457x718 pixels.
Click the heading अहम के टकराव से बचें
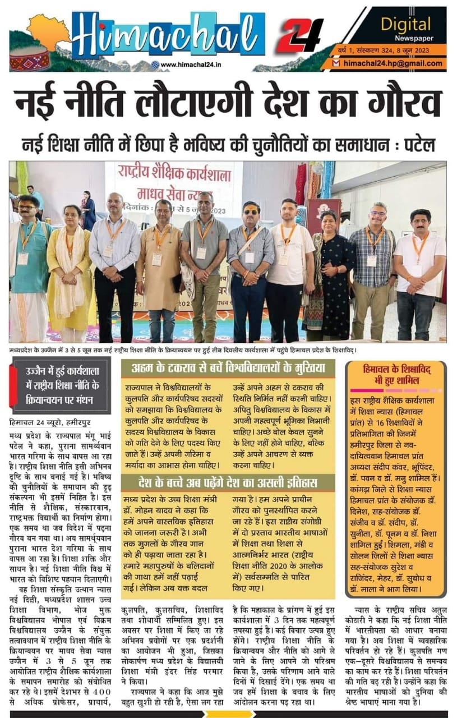click(228, 369)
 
